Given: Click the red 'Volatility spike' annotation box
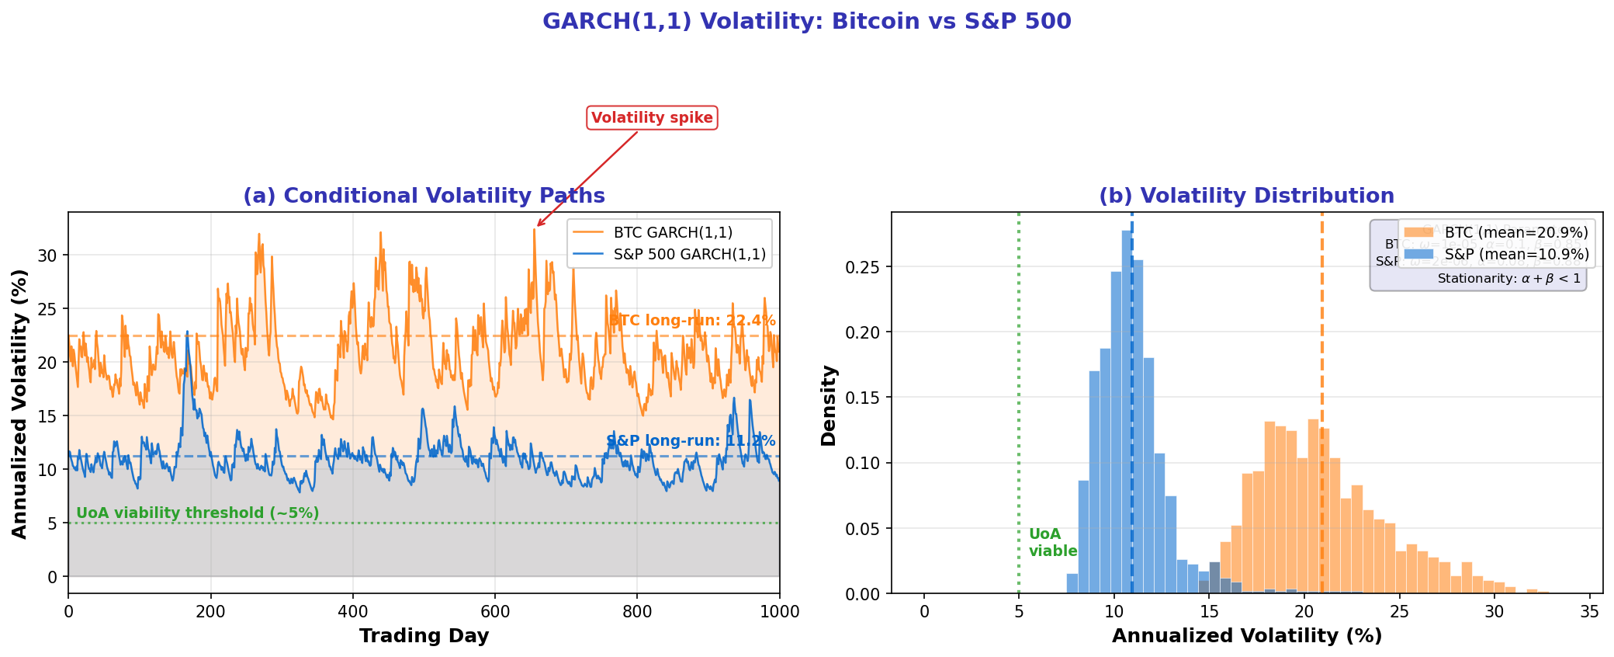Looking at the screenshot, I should click(652, 118).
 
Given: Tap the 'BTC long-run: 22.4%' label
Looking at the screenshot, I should click(692, 321).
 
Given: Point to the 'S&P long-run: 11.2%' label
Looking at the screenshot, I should click(691, 441).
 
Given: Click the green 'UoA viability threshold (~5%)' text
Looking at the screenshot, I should click(198, 513).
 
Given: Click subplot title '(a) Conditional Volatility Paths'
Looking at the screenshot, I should click(424, 196).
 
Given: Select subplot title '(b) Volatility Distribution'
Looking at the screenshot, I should click(1246, 196).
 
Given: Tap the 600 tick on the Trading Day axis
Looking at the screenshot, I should click(495, 611).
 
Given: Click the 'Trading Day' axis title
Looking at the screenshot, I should click(424, 636).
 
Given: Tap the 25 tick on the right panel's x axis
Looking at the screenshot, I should click(1399, 611).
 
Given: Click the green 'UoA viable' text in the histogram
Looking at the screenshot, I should click(1052, 543).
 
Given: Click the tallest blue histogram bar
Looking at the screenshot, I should click(1127, 412).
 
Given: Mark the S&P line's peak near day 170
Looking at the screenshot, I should click(187, 332).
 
